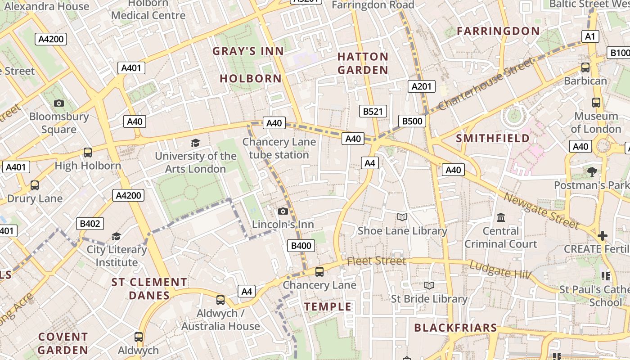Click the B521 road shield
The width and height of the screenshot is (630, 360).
(x=373, y=111)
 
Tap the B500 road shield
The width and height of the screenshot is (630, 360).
(x=412, y=121)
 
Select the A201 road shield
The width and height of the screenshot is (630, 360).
(x=422, y=86)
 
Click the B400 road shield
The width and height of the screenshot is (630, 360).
(x=301, y=245)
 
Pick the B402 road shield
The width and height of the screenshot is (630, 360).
(x=90, y=224)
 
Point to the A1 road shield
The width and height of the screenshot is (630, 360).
(x=590, y=36)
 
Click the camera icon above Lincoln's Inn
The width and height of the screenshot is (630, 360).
(x=283, y=211)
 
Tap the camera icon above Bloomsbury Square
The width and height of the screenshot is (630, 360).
(x=58, y=103)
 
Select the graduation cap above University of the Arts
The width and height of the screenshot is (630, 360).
(x=195, y=143)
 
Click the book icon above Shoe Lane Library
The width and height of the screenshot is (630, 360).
(x=402, y=217)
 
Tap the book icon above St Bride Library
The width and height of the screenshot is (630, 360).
(x=429, y=285)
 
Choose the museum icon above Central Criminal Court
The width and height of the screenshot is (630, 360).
(x=500, y=218)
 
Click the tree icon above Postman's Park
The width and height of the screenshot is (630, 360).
(x=592, y=171)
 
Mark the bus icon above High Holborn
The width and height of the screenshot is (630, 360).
(x=88, y=152)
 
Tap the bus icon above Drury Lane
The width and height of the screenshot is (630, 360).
(x=35, y=185)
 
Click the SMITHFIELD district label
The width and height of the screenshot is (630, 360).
(x=493, y=138)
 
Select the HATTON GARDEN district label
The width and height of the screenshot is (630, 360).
(x=363, y=63)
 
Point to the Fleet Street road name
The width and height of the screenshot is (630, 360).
(x=376, y=261)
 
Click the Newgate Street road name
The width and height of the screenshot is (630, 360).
(x=541, y=211)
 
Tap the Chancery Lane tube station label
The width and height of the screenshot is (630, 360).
(x=279, y=148)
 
